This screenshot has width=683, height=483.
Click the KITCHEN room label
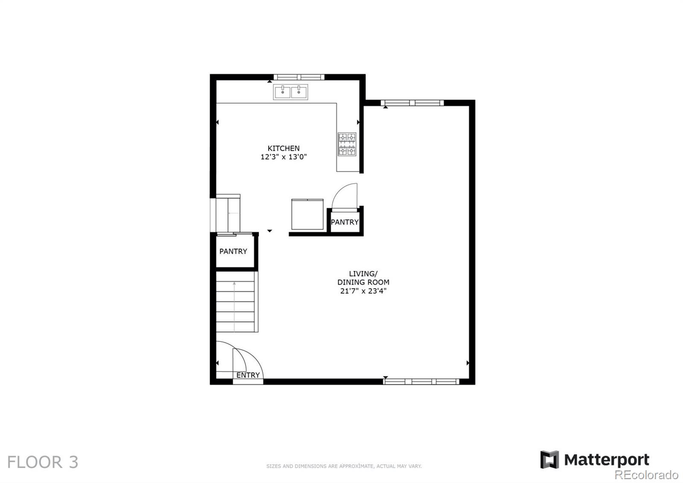point(283,148)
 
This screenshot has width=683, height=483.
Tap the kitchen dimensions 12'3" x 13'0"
point(283,157)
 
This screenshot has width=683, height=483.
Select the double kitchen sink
point(291,92)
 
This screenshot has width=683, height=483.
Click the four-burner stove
point(347,144)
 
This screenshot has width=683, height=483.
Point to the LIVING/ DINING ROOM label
point(363,278)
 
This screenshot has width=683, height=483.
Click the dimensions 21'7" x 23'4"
point(363,291)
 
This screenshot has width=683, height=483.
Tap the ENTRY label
point(248,375)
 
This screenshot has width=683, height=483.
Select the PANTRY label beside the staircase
point(233,251)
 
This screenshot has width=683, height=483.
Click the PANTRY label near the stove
point(344,222)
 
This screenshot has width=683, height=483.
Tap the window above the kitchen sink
point(299,77)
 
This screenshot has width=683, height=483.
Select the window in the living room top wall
point(412,103)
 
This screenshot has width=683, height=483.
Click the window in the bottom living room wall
point(421,381)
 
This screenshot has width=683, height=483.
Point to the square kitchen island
point(307,214)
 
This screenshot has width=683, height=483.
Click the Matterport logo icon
point(549,459)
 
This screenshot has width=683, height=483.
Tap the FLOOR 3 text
point(43,462)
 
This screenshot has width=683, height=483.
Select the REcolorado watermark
point(646,475)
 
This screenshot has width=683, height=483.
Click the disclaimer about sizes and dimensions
point(344,466)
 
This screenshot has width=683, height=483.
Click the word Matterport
point(607,460)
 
